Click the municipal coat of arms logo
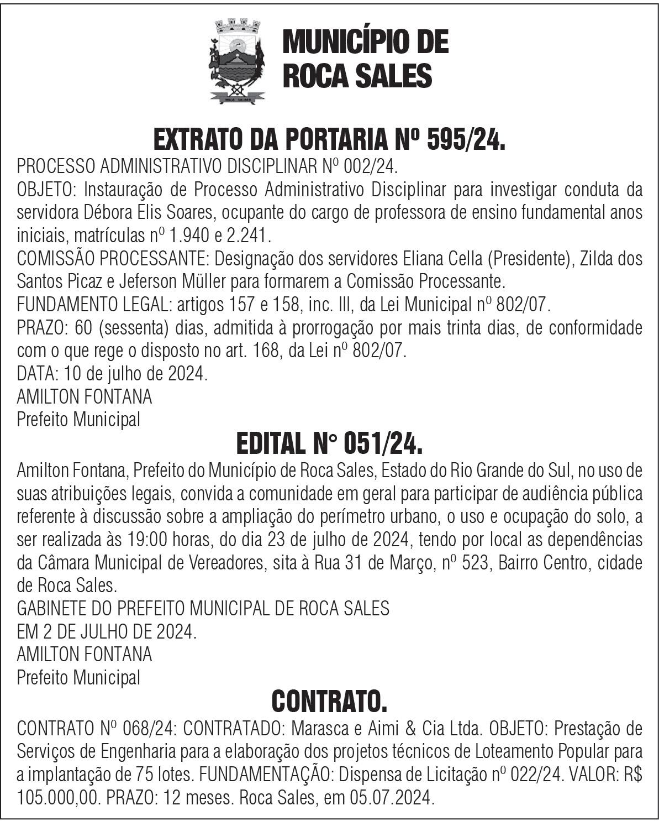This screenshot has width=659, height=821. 237,61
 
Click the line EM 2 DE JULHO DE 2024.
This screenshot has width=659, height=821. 107,632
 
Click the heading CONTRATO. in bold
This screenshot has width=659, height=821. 329,702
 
